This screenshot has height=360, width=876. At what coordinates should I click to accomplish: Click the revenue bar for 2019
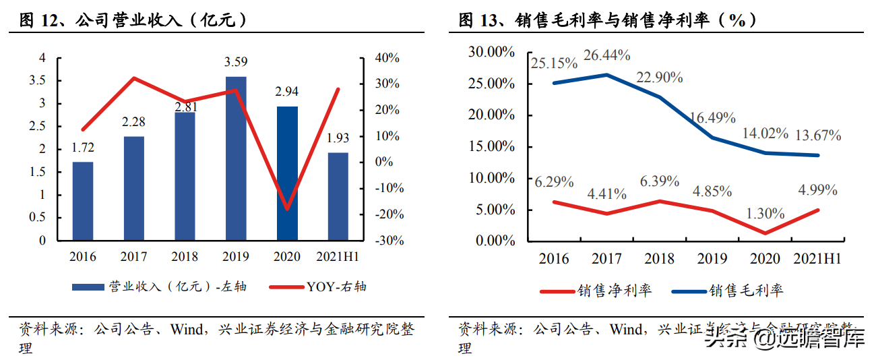pyautogui.click(x=236, y=158)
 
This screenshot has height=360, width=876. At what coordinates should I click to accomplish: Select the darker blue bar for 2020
pyautogui.click(x=287, y=173)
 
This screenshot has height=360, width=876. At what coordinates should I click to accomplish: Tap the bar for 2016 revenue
pyautogui.click(x=83, y=201)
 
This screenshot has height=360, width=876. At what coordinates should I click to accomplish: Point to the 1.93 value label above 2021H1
pyautogui.click(x=338, y=138)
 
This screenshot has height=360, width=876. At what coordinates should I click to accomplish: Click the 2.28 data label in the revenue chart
pyautogui.click(x=133, y=122)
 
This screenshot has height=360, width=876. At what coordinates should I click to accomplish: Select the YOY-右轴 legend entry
pyautogui.click(x=317, y=287)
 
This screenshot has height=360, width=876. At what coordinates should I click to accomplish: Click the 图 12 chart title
pyautogui.click(x=128, y=20)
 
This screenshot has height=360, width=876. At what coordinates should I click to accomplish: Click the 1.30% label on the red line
pyautogui.click(x=765, y=214)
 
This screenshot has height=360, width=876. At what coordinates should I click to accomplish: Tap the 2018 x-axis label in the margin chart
pyautogui.click(x=659, y=259)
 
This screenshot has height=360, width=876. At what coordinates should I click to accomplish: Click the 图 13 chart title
pyautogui.click(x=606, y=20)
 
